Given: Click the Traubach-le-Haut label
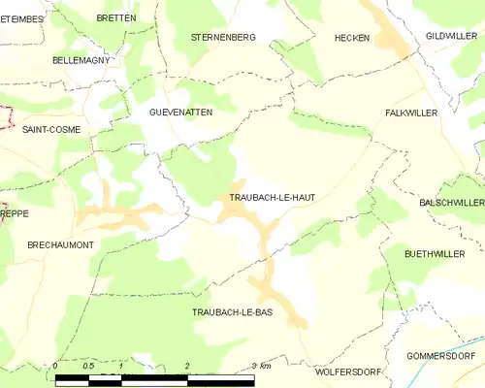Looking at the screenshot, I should [272, 197].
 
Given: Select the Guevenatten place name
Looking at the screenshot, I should [180, 113].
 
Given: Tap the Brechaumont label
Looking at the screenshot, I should [60, 245].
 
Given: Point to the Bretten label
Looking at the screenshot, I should [116, 17].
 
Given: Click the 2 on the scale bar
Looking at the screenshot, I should [186, 366].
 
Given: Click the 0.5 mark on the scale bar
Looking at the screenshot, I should [88, 366].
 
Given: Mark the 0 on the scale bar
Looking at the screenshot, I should [56, 366].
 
